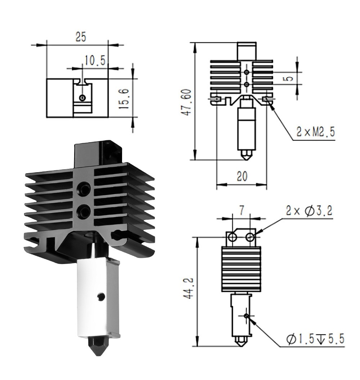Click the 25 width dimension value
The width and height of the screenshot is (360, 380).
pyautogui.click(x=81, y=37)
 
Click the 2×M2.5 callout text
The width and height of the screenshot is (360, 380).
pyautogui.click(x=315, y=132)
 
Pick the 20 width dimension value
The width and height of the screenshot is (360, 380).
pyautogui.click(x=242, y=176)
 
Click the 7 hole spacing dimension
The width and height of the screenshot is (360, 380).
pyautogui.click(x=242, y=210)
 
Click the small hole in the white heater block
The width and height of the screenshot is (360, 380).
pyautogui.click(x=101, y=296)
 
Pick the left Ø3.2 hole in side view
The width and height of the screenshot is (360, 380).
pyautogui.click(x=233, y=237)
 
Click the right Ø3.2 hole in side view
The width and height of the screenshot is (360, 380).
pyautogui.click(x=251, y=237)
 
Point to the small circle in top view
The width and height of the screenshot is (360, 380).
pyautogui.click(x=83, y=98)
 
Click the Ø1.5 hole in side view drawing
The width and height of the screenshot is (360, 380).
pyautogui.click(x=246, y=316)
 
